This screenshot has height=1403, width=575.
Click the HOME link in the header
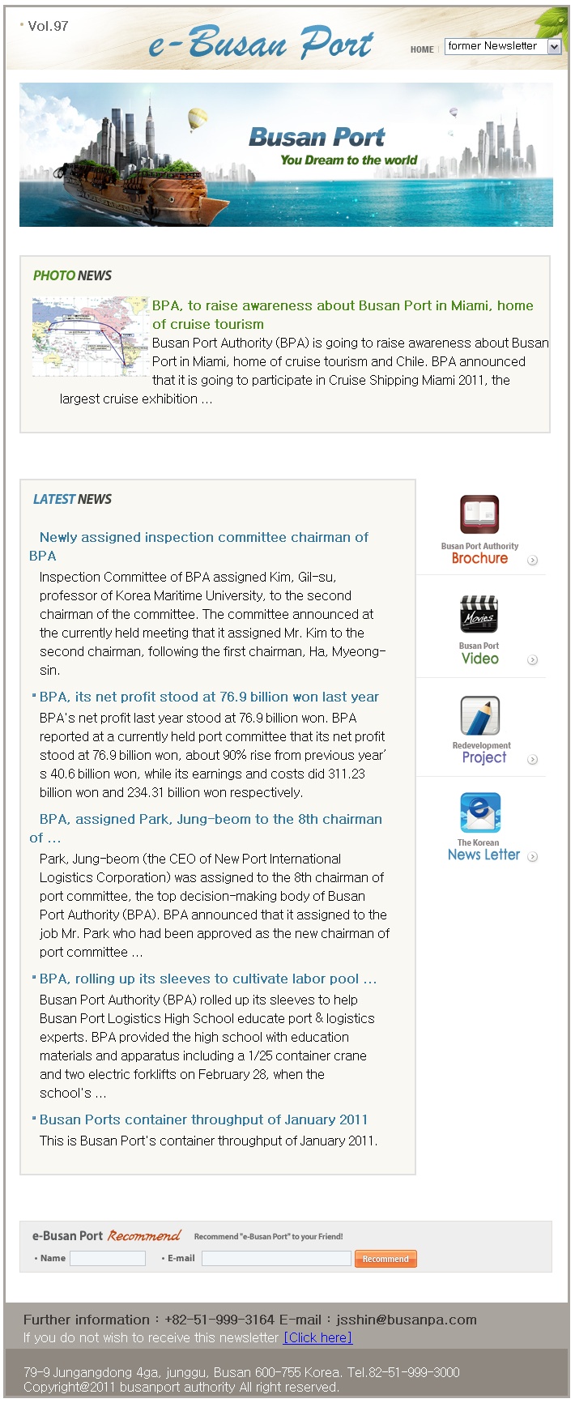(422, 49)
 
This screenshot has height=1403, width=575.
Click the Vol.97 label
(48, 26)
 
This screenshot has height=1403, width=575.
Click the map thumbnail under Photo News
(90, 336)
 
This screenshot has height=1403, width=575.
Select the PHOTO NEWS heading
(72, 275)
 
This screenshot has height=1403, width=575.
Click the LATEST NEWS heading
(72, 499)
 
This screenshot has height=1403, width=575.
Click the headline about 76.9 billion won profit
(209, 697)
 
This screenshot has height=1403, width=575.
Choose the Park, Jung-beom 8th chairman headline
(211, 819)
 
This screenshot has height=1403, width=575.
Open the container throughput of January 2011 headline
(203, 1119)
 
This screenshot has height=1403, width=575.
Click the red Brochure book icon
(479, 514)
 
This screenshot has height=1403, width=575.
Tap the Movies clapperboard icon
(479, 615)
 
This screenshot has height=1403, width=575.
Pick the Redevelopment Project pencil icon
(480, 715)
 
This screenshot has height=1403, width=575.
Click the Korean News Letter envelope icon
(480, 812)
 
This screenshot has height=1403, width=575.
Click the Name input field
(108, 1258)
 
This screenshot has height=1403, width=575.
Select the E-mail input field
(276, 1258)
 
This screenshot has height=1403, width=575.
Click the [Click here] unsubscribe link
(317, 1337)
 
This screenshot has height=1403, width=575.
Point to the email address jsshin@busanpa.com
(407, 1320)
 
